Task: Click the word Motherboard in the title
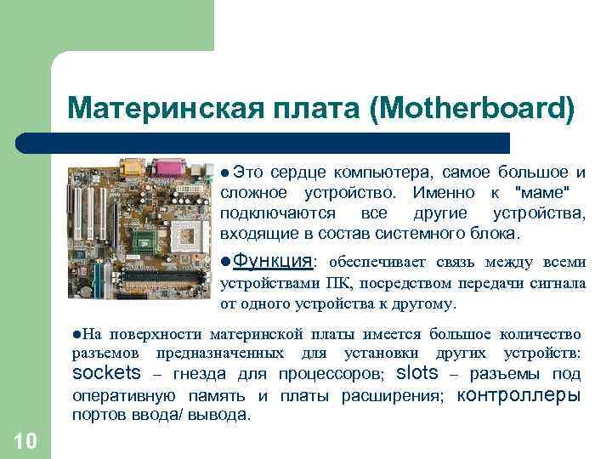point(477,109)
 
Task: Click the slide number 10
point(25,440)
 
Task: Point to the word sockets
point(106,373)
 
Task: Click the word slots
point(417,373)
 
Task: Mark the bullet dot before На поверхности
point(76,333)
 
